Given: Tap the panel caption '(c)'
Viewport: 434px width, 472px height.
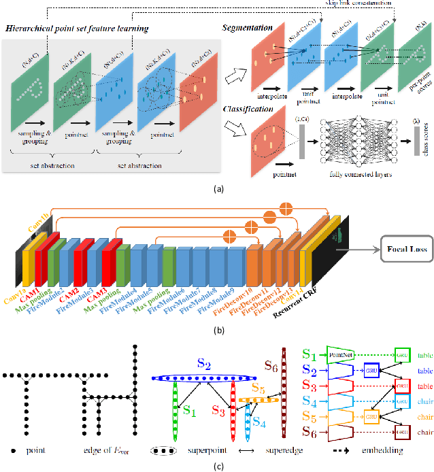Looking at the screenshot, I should (x=217, y=466).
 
